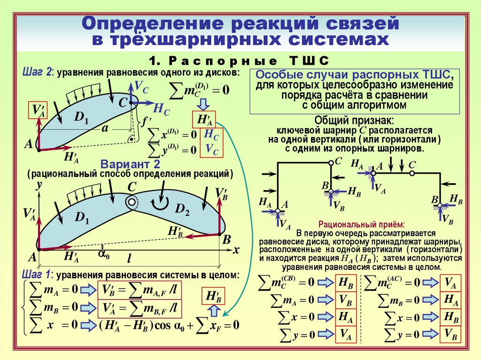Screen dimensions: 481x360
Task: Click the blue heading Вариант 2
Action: pos(131,164)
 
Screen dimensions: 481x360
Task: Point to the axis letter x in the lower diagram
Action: pos(236,251)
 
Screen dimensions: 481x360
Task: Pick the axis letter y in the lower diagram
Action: pos(39,185)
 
